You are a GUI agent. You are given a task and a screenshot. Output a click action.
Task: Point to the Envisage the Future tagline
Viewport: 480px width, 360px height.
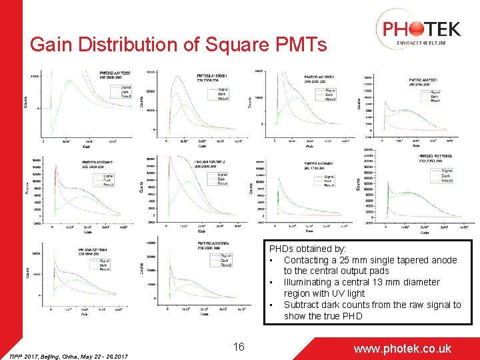[x=418, y=43]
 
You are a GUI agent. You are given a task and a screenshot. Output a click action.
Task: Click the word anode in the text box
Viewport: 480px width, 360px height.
[x=444, y=260]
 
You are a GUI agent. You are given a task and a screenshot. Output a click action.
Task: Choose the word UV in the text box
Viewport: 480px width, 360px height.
[x=350, y=293]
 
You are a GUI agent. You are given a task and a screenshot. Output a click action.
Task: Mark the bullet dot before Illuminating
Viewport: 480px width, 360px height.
[x=272, y=283]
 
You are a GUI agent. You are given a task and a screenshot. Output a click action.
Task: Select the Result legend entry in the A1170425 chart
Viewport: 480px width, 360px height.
[x=447, y=180]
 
